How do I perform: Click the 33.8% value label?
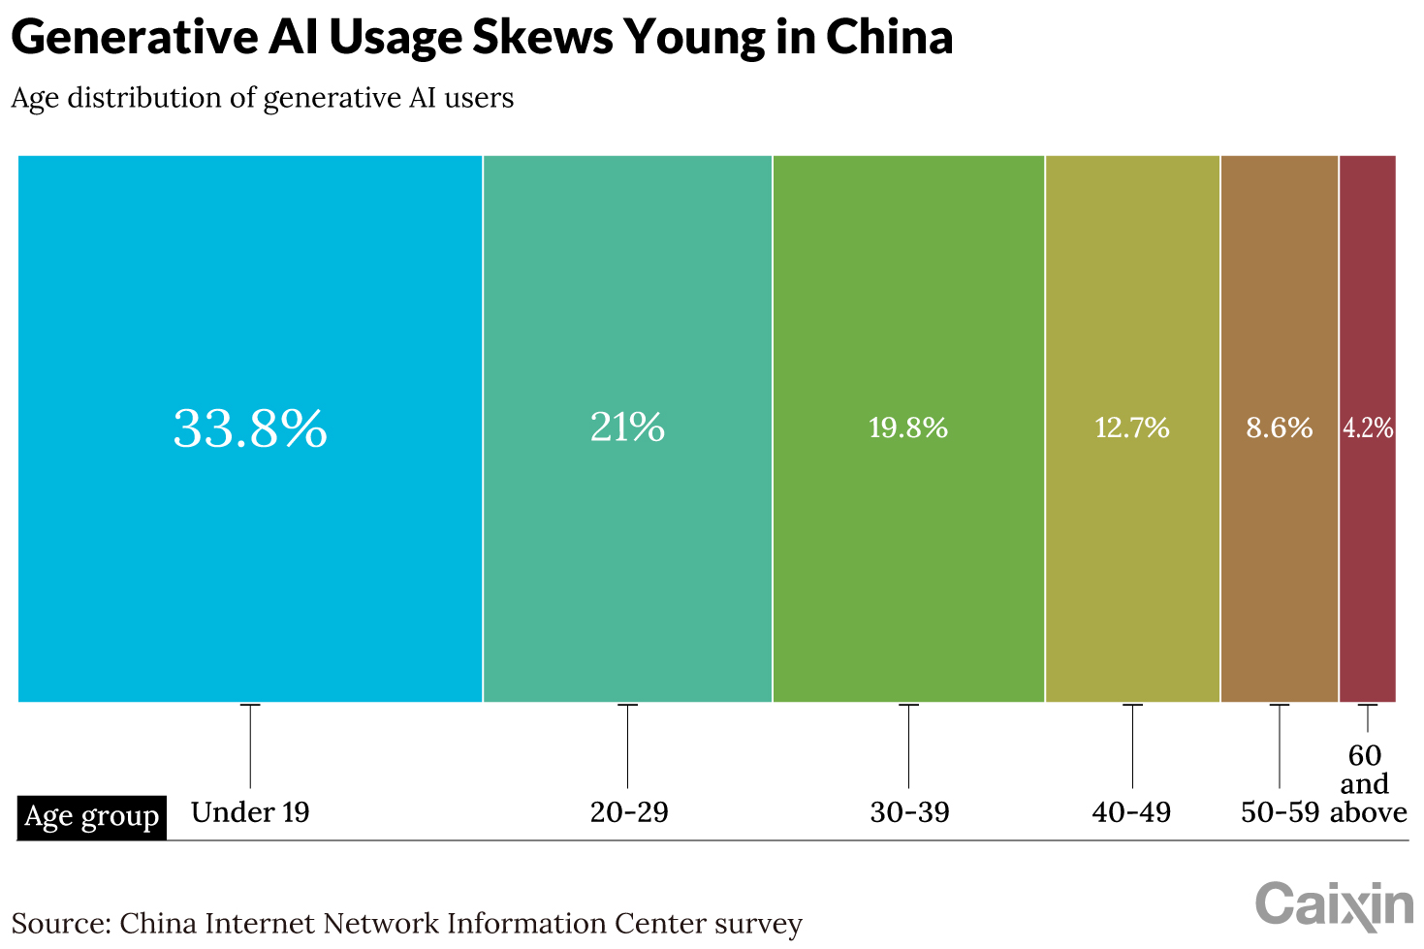[x=250, y=428]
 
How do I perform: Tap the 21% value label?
[x=627, y=427]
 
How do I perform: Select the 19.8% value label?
[x=908, y=427]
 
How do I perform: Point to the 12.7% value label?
[x=1132, y=427]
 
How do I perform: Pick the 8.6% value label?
[x=1280, y=427]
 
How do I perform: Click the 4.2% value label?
[x=1368, y=427]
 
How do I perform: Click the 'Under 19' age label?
[x=250, y=812]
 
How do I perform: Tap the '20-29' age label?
[x=629, y=812]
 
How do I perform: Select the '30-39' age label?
[x=909, y=812]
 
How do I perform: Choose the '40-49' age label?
[x=1131, y=812]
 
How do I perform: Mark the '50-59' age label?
[x=1280, y=812]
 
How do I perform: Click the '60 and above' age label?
[x=1368, y=784]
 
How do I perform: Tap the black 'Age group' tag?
[x=91, y=817]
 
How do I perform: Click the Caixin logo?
[x=1335, y=905]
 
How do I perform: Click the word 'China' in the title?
[x=889, y=38]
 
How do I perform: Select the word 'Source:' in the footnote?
[x=60, y=924]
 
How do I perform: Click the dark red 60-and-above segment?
[x=1368, y=562]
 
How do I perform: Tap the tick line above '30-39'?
[x=908, y=745]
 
